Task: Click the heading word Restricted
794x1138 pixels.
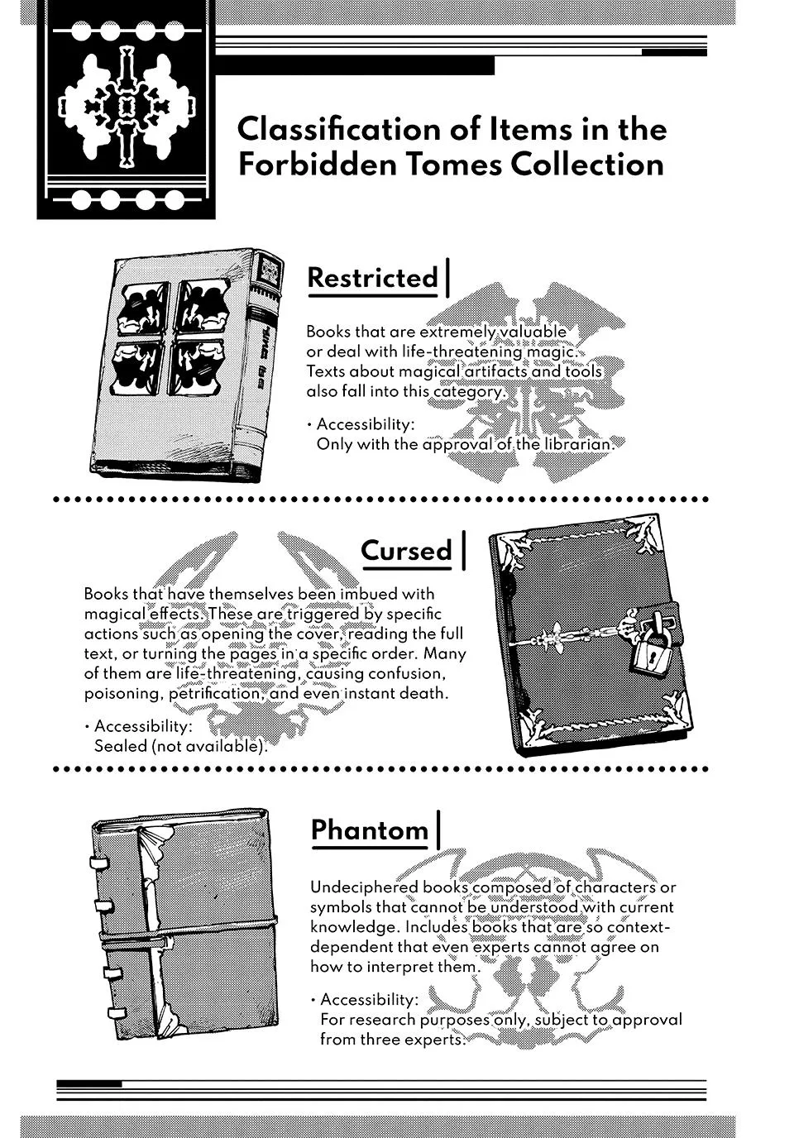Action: (372, 278)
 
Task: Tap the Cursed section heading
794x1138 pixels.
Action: (406, 550)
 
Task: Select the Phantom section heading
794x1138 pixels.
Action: (370, 830)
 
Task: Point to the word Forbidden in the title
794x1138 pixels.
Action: (317, 165)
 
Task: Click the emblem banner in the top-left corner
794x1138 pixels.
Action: (126, 110)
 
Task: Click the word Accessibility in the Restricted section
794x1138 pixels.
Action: (366, 424)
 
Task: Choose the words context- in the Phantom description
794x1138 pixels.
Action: (639, 927)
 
